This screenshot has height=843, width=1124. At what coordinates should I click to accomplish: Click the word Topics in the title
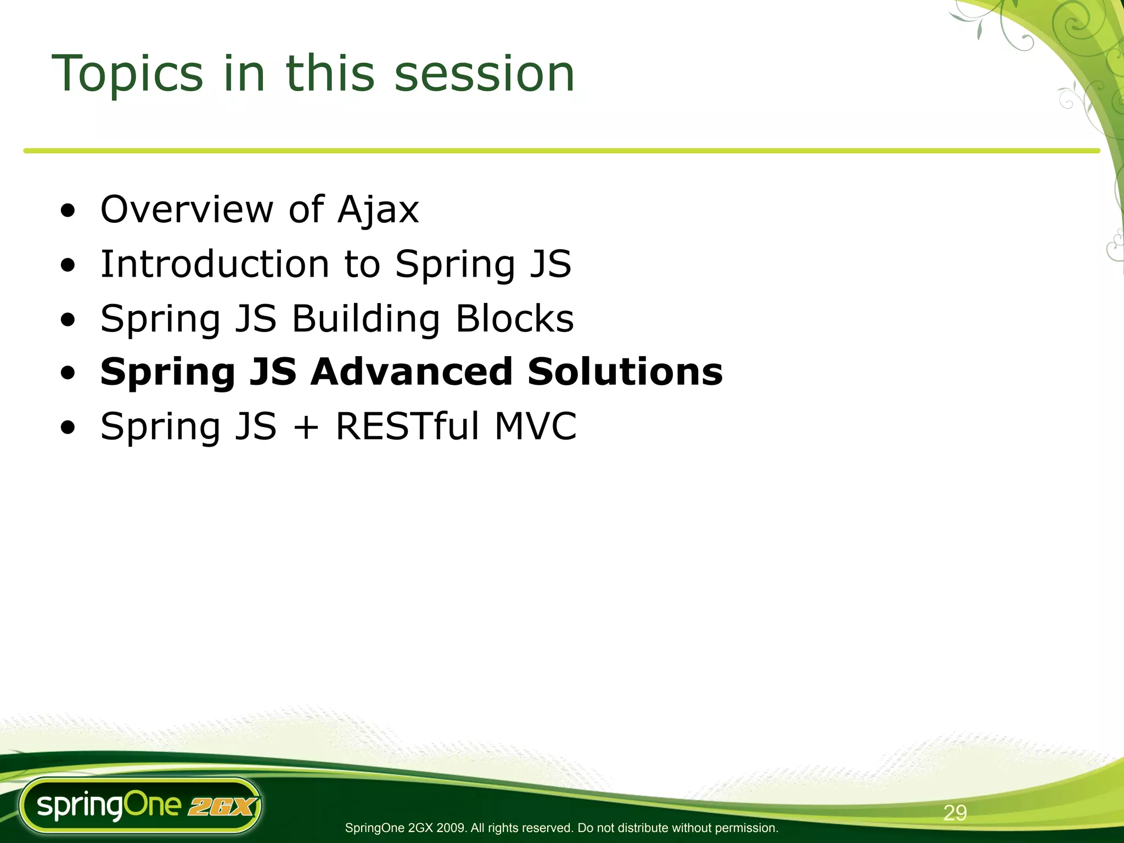pos(127,74)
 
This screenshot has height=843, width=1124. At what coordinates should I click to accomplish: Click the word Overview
pos(187,210)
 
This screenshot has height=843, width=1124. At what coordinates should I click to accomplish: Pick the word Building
pos(366,319)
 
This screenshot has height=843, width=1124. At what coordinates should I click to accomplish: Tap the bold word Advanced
pos(411,372)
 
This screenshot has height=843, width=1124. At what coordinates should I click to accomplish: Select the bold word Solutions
pos(625,372)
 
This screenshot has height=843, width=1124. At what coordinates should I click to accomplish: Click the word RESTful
pos(408,426)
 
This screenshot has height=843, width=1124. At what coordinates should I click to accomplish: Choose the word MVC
pos(535,426)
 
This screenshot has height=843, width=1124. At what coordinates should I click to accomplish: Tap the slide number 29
pos(955,813)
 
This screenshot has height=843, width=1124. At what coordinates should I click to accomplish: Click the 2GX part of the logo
pos(221,807)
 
